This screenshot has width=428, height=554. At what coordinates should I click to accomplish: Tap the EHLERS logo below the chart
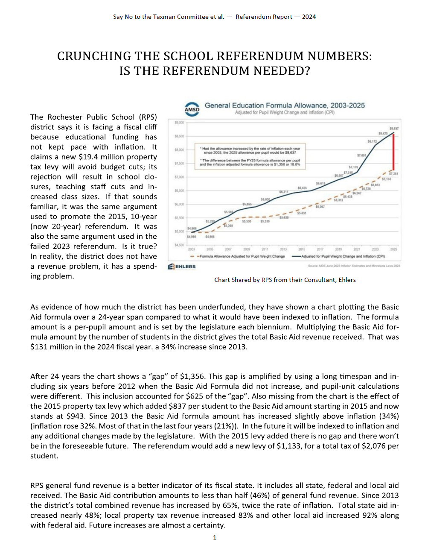point(182,267)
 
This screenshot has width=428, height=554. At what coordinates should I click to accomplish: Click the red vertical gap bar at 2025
point(393,151)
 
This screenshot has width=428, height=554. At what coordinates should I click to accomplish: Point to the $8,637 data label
point(394,128)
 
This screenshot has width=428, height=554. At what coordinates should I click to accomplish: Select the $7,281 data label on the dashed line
point(393,174)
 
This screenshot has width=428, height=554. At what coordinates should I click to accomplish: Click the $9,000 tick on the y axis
point(179,123)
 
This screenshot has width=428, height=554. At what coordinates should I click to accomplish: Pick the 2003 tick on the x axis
point(192,249)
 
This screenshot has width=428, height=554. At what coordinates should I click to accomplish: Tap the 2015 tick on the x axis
point(302,249)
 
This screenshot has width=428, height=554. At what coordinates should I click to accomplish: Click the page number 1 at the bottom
point(215,537)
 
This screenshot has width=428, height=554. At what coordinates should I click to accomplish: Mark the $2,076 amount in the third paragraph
point(374,446)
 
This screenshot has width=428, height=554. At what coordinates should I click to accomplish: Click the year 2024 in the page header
point(309,17)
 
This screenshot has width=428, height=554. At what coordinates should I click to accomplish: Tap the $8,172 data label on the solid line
point(372,141)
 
